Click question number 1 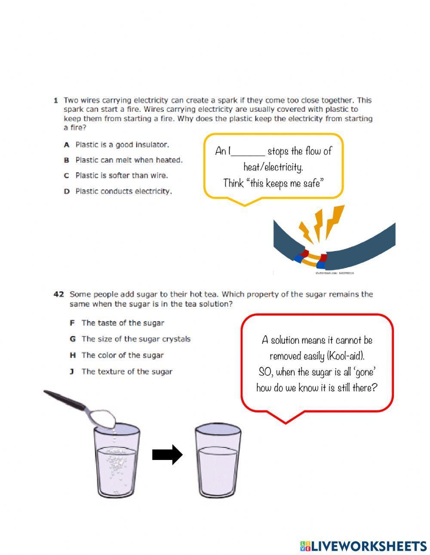(x=55, y=101)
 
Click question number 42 (x=58, y=294)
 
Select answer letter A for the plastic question (x=67, y=145)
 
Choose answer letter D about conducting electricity (x=67, y=192)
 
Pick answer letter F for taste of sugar (x=72, y=323)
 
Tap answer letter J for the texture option (x=72, y=372)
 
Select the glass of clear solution (x=218, y=462)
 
